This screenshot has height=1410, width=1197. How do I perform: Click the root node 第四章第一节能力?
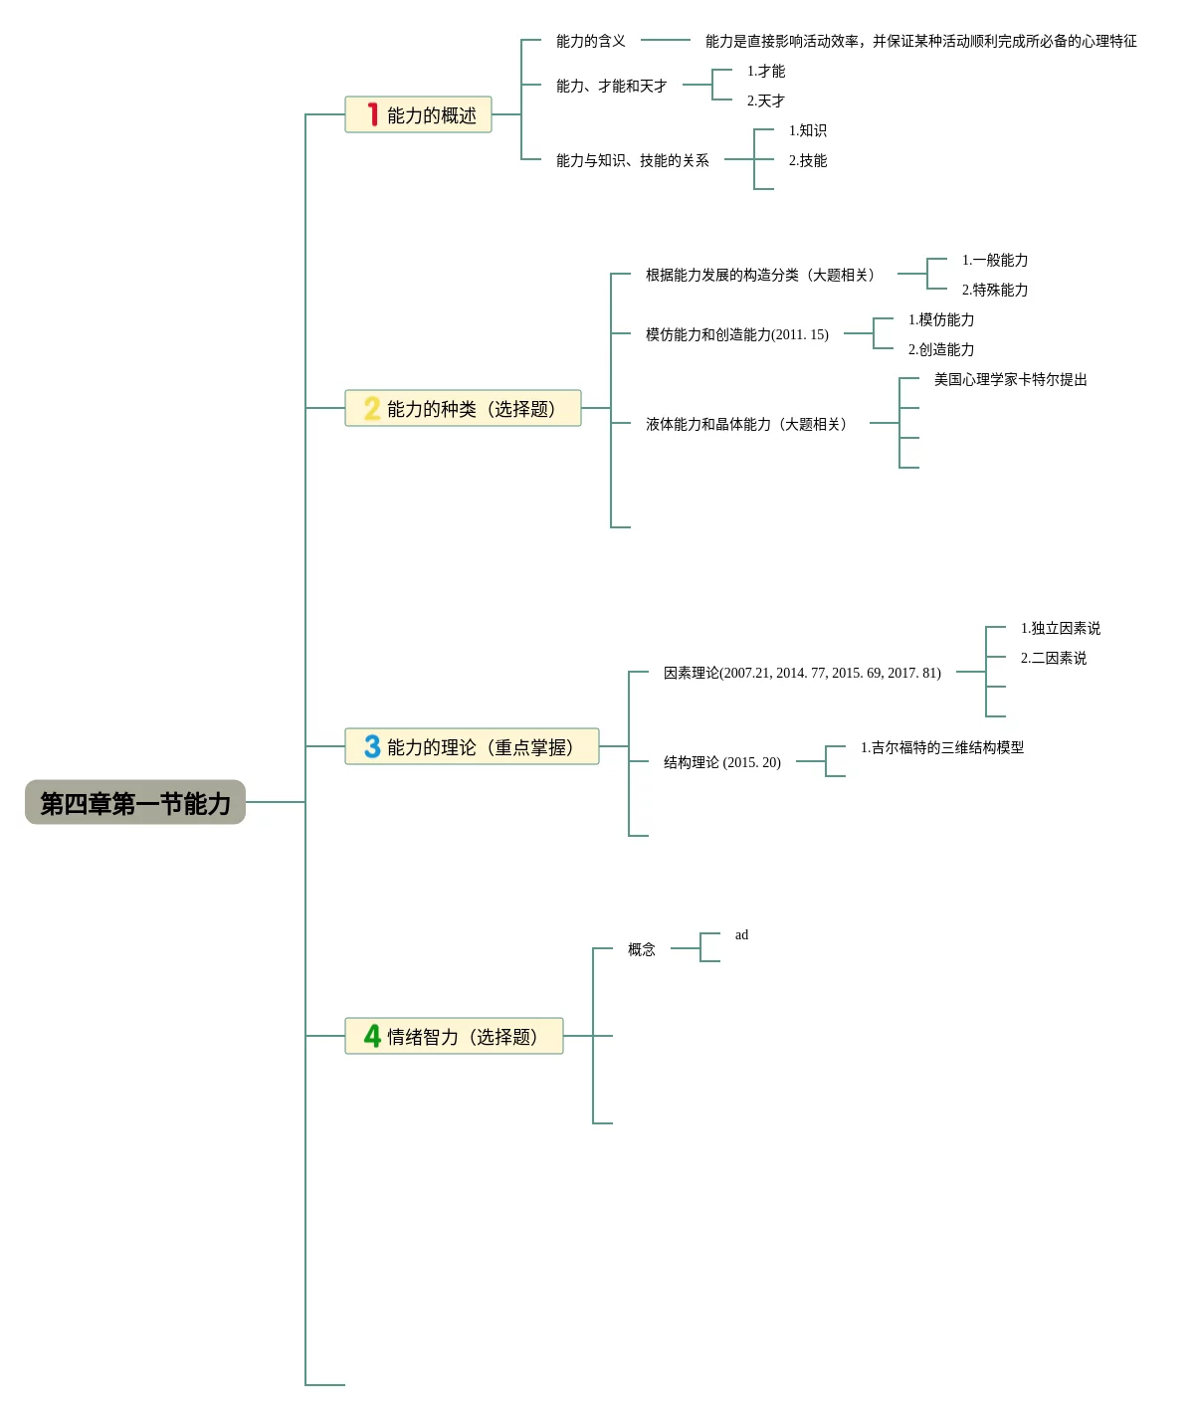(x=135, y=803)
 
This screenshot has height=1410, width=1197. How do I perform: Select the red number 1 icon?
(x=372, y=114)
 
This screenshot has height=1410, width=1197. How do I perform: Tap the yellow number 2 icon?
(x=372, y=408)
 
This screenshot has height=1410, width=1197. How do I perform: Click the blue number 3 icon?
(x=372, y=746)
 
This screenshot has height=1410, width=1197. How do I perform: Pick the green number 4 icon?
(x=372, y=1036)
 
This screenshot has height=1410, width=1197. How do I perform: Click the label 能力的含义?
(x=590, y=41)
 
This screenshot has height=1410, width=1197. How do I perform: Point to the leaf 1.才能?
(x=765, y=71)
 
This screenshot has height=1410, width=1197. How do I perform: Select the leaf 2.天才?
(x=765, y=101)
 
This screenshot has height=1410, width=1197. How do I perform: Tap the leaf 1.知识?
(x=807, y=130)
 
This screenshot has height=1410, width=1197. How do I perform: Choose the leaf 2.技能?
(x=807, y=160)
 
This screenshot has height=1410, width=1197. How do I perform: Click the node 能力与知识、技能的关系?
(x=632, y=160)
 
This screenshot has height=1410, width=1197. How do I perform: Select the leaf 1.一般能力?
(x=994, y=260)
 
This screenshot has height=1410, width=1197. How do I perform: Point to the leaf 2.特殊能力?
(x=994, y=290)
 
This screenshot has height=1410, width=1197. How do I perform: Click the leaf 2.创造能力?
(x=940, y=349)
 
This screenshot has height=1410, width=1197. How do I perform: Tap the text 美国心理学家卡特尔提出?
(x=1010, y=379)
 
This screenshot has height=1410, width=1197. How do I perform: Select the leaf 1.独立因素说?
(x=1060, y=628)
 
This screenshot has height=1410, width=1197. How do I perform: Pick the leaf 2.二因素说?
(x=1053, y=658)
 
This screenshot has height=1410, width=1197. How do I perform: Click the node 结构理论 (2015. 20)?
(x=721, y=762)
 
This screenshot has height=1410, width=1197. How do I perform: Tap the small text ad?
(x=741, y=934)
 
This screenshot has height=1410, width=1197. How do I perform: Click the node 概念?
(x=641, y=949)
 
